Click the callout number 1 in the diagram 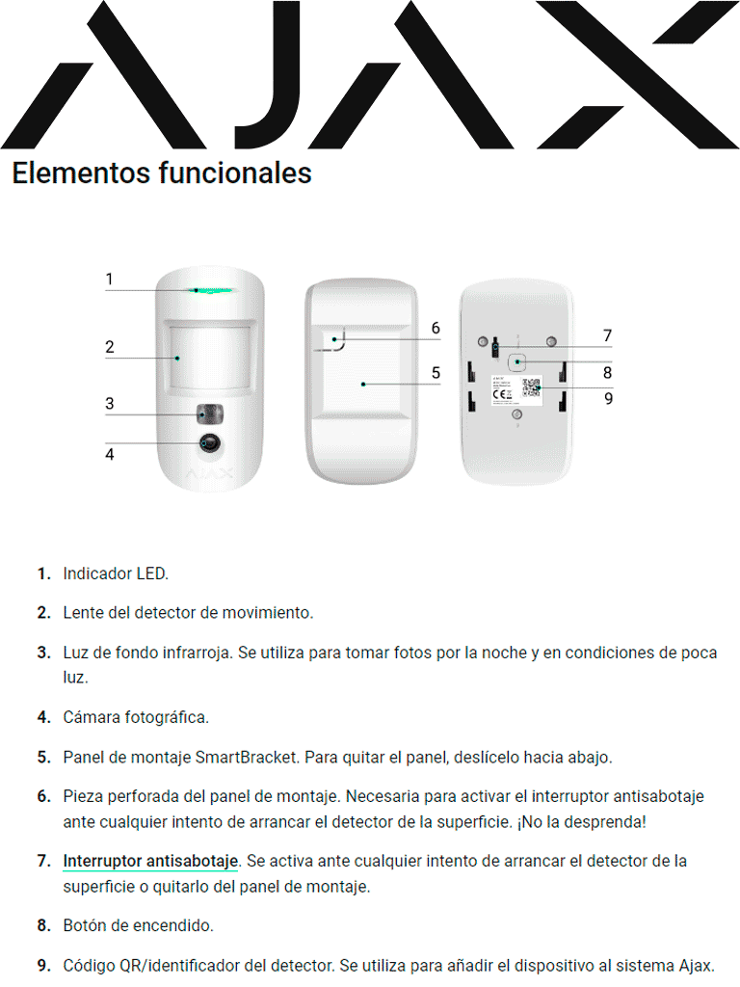coord(109,280)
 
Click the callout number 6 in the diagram coord(436,329)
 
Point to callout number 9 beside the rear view coord(608,397)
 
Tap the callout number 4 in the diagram coord(110,453)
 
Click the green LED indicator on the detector coord(209,288)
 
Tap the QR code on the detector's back coord(532,387)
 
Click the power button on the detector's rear coord(517,361)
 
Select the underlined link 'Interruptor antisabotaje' coord(150,861)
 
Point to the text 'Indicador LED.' coord(116,574)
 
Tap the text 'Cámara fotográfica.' coord(136,717)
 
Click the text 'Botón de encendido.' coord(138,925)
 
